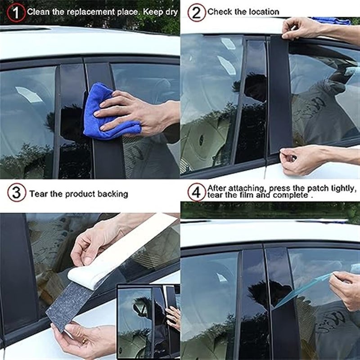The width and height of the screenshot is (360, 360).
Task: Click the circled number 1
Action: pos(16,13)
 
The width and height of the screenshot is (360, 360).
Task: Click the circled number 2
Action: pos(196,12)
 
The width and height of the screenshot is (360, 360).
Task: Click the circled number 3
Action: pos(16,193)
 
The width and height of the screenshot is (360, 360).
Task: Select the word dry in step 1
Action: pos(171,12)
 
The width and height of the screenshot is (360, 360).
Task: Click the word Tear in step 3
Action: pos(38,194)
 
